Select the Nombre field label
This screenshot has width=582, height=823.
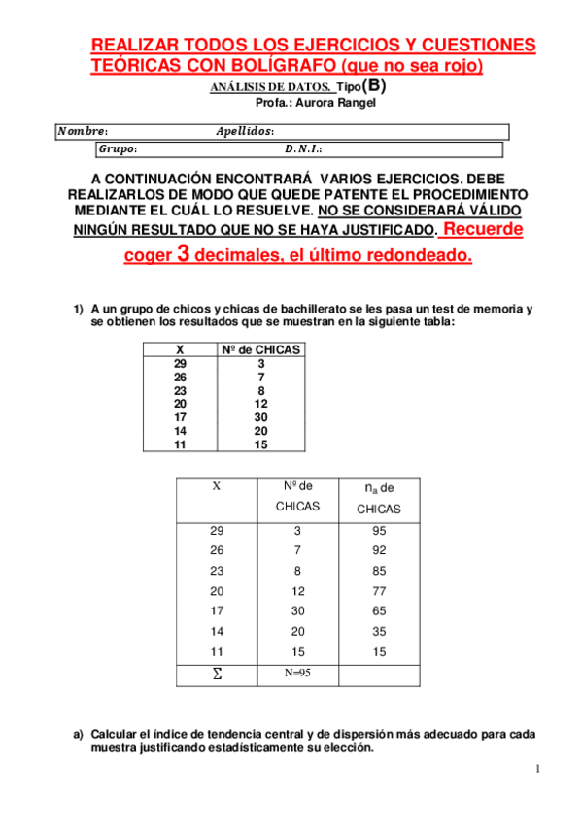pos(83,131)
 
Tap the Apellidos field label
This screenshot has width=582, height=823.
pos(244,131)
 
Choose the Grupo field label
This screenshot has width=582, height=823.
pos(118,149)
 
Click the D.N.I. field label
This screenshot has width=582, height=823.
pos(303,149)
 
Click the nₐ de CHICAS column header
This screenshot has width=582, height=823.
pos(378,498)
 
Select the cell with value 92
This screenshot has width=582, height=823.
pos(378,551)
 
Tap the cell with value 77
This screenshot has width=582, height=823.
pos(378,591)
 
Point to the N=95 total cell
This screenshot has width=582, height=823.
pos(296,673)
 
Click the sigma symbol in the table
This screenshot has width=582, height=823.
pos(216,674)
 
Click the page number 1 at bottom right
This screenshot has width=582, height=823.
pos(536,770)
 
